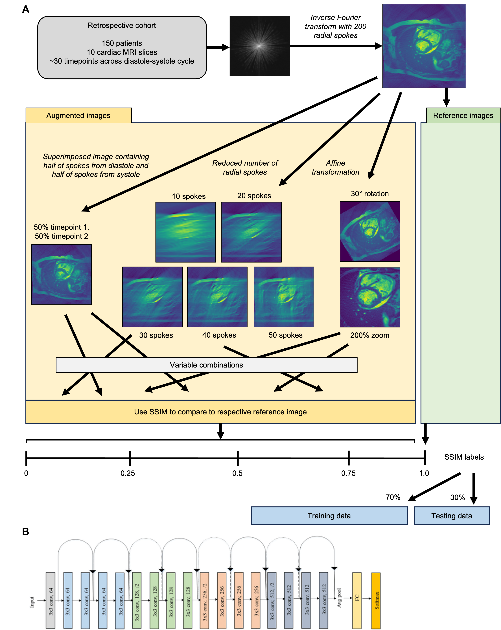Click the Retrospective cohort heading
[x=122, y=25]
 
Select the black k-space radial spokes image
[x=260, y=46]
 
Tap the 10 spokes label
[x=189, y=196]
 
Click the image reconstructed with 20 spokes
[x=251, y=232]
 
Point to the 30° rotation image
[x=370, y=231]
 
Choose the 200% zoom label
[x=370, y=335]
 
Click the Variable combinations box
[x=207, y=365]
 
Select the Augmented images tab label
[x=78, y=115]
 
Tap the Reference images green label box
[x=463, y=115]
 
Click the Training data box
[x=329, y=516]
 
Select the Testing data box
[x=452, y=516]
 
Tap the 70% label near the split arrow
[x=393, y=497]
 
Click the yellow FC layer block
[x=357, y=600]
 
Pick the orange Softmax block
[x=376, y=600]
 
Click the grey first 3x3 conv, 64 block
[x=50, y=600]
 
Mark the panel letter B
[x=26, y=531]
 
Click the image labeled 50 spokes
[x=284, y=297]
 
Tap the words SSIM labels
[x=464, y=457]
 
